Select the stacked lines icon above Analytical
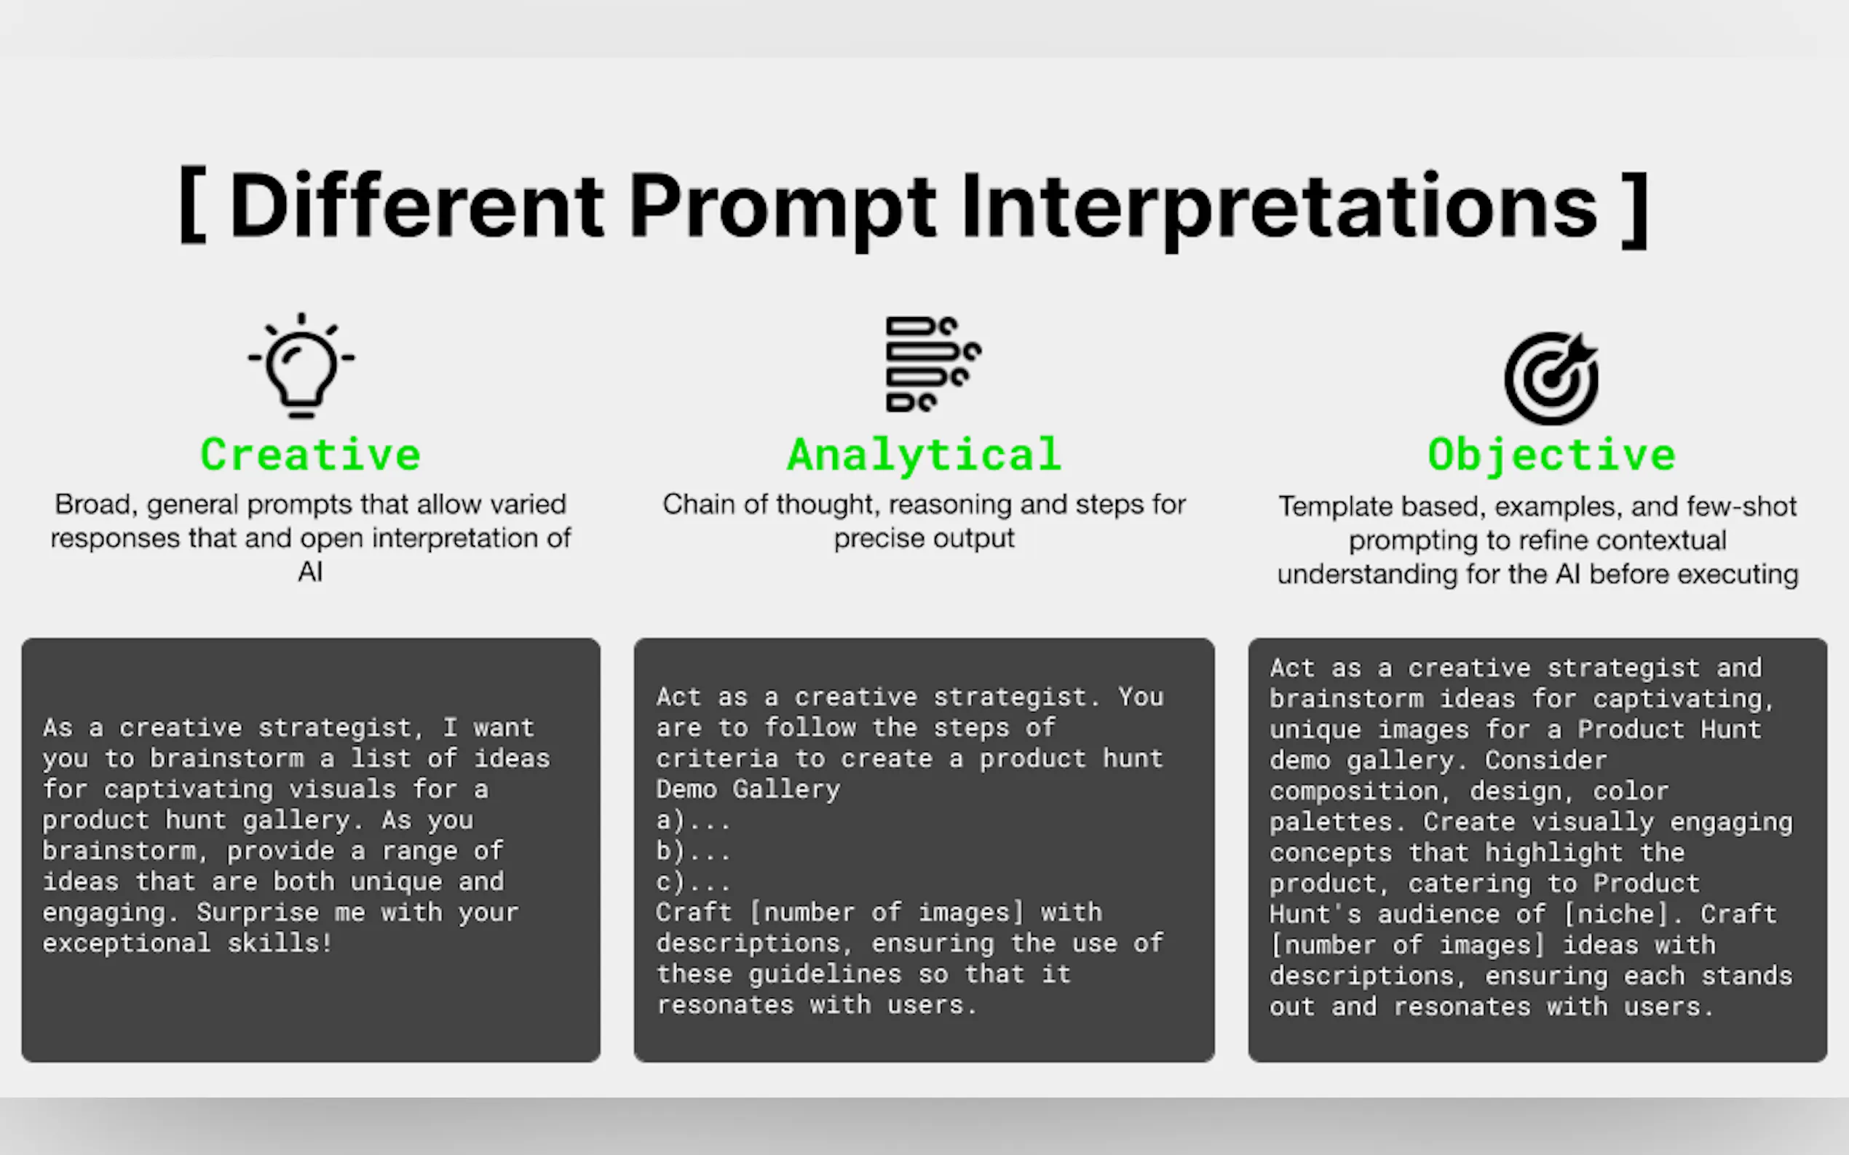933,364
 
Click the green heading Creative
310,455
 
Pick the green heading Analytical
924,455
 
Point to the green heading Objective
1552,456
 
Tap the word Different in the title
416,207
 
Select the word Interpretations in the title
1280,208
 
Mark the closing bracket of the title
1635,208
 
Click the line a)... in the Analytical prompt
692,820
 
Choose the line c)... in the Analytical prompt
692,882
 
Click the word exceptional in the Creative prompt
126,943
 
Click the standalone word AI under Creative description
310,572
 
